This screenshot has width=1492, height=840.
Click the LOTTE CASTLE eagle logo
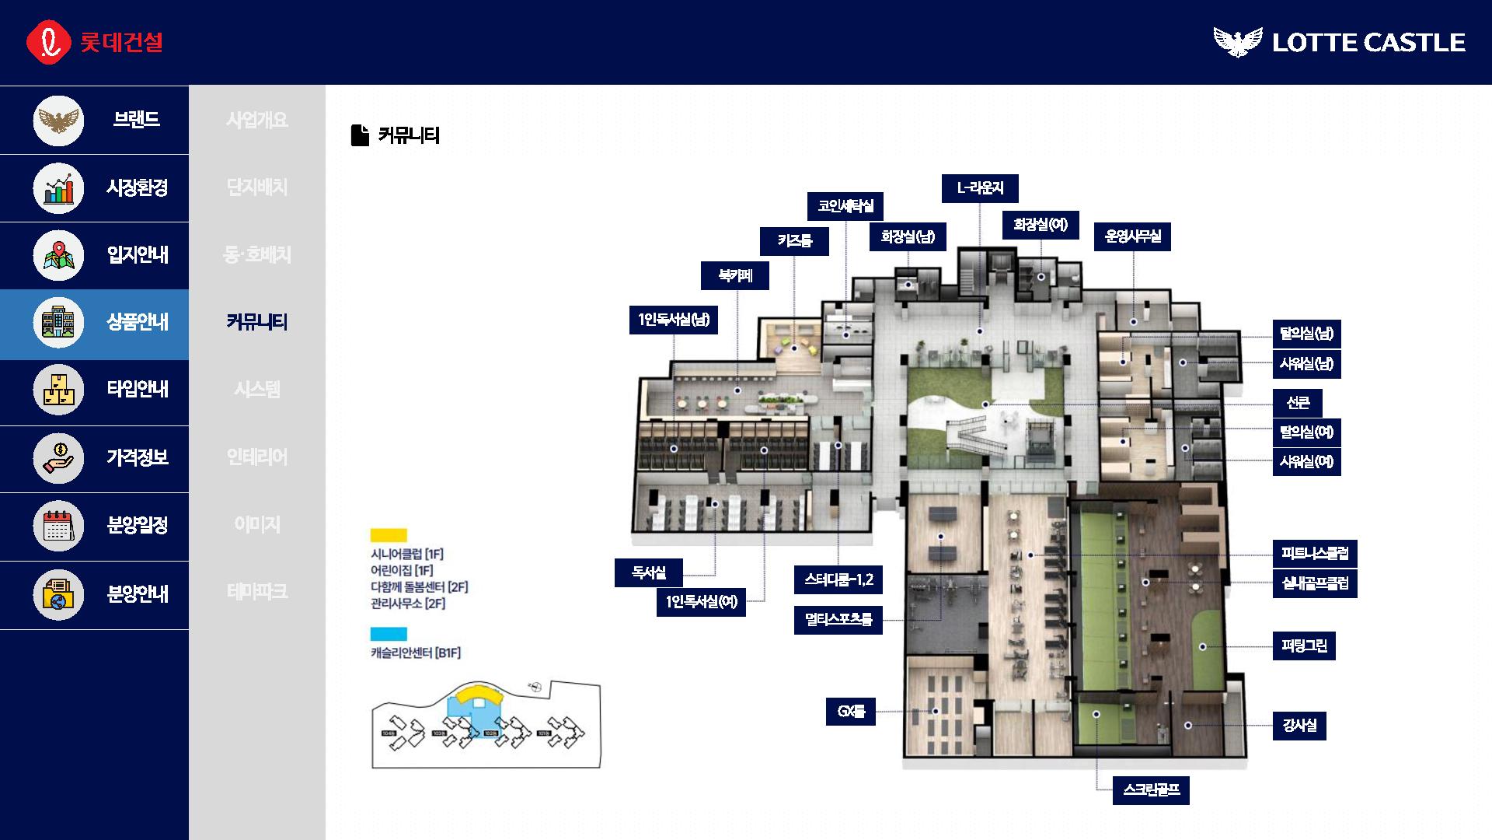tap(1238, 41)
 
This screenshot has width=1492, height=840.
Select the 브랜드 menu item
tap(136, 120)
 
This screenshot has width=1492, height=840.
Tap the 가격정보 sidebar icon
tap(58, 457)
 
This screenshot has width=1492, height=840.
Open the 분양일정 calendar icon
tap(58, 525)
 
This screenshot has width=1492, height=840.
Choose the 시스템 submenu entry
tap(257, 389)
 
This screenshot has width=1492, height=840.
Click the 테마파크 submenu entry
tap(257, 592)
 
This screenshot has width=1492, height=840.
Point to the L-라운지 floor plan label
tap(979, 188)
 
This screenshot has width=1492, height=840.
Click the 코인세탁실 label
tap(845, 206)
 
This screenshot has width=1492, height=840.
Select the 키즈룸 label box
tap(794, 241)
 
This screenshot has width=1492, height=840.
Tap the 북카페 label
tap(734, 275)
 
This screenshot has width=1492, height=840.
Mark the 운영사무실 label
tap(1132, 236)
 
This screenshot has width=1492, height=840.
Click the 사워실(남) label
tap(1306, 364)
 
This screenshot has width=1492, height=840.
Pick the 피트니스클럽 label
tap(1315, 554)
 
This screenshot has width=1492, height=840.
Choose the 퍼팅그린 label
tap(1304, 646)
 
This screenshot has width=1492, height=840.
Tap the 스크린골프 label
tap(1151, 790)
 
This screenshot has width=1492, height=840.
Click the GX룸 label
tap(850, 712)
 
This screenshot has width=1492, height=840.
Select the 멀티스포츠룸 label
tap(838, 620)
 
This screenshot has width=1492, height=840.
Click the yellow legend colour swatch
tap(389, 535)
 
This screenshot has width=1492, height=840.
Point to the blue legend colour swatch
tap(389, 634)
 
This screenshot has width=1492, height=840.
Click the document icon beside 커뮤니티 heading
tap(360, 135)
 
